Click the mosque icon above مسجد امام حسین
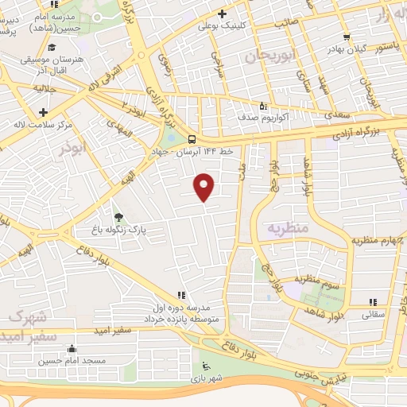(x=72, y=348)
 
